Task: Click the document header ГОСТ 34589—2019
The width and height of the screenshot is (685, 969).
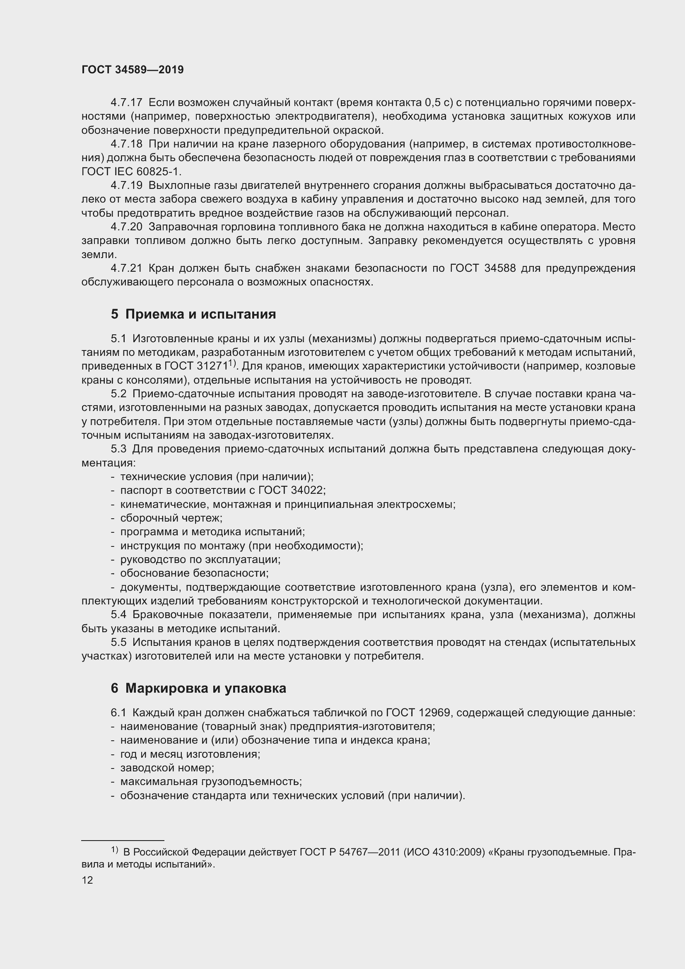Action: point(133,70)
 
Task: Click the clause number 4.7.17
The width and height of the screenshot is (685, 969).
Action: point(127,103)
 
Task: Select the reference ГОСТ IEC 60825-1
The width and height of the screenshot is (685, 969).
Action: point(131,172)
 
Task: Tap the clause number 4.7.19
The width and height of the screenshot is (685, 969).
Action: point(127,185)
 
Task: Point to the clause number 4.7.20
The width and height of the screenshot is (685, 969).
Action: point(127,227)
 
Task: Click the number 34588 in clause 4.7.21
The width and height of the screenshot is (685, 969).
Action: point(500,268)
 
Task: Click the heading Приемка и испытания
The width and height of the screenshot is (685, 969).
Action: point(200,314)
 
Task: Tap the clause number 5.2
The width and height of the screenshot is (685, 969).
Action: point(118,394)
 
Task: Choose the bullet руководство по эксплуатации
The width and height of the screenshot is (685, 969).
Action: point(200,559)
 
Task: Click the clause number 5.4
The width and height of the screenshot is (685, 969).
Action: point(118,614)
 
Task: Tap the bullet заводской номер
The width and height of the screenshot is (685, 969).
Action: point(167,768)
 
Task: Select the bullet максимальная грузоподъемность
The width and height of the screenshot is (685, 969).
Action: point(211,782)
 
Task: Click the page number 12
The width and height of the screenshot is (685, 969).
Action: point(87,880)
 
